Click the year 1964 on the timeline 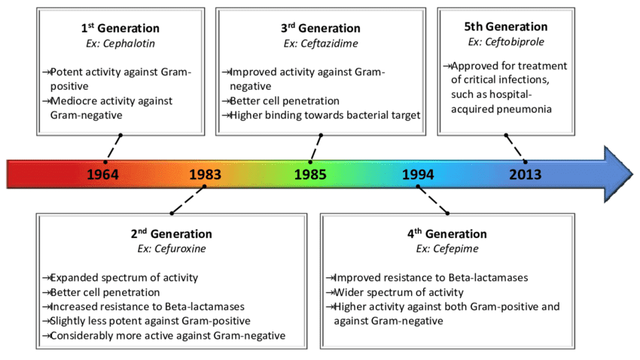tap(102, 175)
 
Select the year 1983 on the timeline tap(205, 175)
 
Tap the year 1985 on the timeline tap(310, 175)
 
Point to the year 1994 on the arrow tap(418, 175)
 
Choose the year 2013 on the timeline tap(525, 175)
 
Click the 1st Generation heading tap(120, 29)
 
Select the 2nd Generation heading tap(172, 234)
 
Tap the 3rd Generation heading tap(322, 29)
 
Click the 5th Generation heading tap(505, 26)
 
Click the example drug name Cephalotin tap(120, 43)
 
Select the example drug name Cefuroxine tap(172, 248)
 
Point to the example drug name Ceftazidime tap(322, 43)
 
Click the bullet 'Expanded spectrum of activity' tap(123, 278)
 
